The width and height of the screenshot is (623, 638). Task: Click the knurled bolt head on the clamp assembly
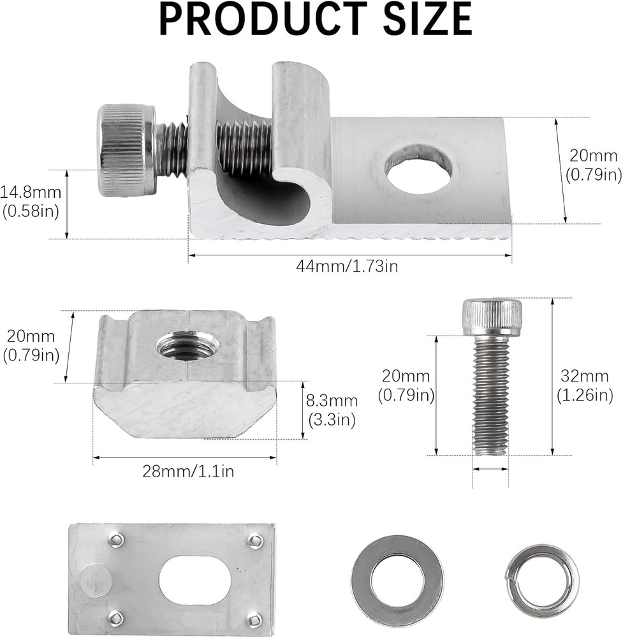click(x=125, y=151)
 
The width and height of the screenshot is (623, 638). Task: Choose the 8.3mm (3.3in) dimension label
click(x=332, y=410)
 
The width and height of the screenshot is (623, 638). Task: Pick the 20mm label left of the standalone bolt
click(x=406, y=385)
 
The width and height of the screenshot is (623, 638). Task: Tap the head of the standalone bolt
click(x=492, y=317)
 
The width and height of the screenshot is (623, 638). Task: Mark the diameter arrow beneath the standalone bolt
click(x=491, y=469)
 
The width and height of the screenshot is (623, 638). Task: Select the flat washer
click(x=397, y=581)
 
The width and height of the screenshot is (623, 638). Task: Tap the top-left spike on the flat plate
click(x=115, y=540)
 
